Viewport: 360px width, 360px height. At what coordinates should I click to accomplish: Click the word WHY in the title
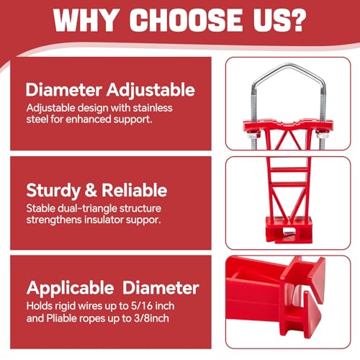(85, 20)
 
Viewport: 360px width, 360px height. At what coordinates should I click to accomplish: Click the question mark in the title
(297, 20)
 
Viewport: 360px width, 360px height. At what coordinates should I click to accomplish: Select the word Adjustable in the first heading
(150, 90)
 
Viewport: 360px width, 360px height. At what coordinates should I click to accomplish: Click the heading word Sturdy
(53, 191)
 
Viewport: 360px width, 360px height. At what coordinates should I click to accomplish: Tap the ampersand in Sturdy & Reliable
(91, 190)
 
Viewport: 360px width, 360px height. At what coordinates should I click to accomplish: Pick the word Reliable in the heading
(135, 190)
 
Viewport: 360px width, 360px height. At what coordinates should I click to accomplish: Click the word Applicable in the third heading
(70, 288)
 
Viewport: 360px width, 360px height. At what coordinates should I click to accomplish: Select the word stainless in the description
(153, 108)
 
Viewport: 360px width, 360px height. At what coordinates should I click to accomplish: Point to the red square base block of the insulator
(289, 230)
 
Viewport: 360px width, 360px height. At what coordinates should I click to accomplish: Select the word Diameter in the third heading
(161, 288)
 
